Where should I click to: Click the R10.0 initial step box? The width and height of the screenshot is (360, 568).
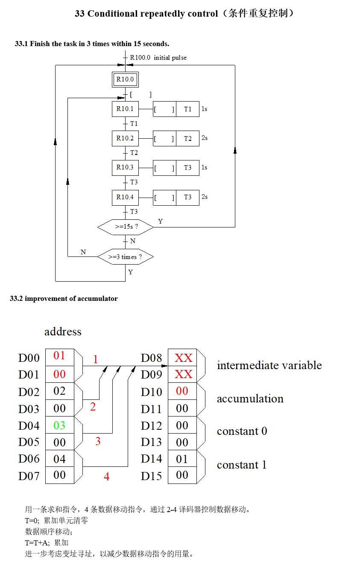point(125,79)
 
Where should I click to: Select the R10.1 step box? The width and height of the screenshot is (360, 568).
point(125,109)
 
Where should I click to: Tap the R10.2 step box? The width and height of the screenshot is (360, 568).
point(125,138)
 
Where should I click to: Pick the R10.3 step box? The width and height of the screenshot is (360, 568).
point(125,168)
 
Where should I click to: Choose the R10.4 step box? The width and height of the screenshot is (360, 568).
point(125,197)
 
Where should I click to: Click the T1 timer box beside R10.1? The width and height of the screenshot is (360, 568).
point(188,109)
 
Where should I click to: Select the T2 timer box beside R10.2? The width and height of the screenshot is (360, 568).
point(188,138)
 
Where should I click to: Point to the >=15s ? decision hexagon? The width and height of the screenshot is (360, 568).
point(126,227)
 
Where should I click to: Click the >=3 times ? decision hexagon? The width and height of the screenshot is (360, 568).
point(125,257)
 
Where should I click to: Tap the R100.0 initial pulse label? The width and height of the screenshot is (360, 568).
point(158,58)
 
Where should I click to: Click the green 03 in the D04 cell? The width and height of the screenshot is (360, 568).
point(59,425)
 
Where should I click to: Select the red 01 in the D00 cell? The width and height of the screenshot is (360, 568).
point(59,356)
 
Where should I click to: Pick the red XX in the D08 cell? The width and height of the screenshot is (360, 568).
point(183,358)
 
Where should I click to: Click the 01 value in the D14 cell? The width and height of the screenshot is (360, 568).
point(182,459)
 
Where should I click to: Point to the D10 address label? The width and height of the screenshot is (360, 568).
point(152,392)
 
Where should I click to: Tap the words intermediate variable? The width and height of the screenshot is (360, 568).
point(269,365)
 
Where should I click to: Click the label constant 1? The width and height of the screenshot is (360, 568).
point(242,465)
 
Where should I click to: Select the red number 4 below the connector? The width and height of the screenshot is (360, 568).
point(106,477)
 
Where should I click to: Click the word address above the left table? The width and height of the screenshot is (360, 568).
point(63,332)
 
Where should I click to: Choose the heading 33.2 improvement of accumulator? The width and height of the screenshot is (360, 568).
point(64,299)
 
